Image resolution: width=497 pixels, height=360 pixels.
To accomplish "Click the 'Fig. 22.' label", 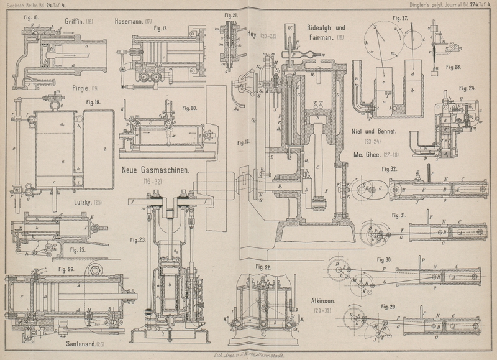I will pos(263,267).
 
